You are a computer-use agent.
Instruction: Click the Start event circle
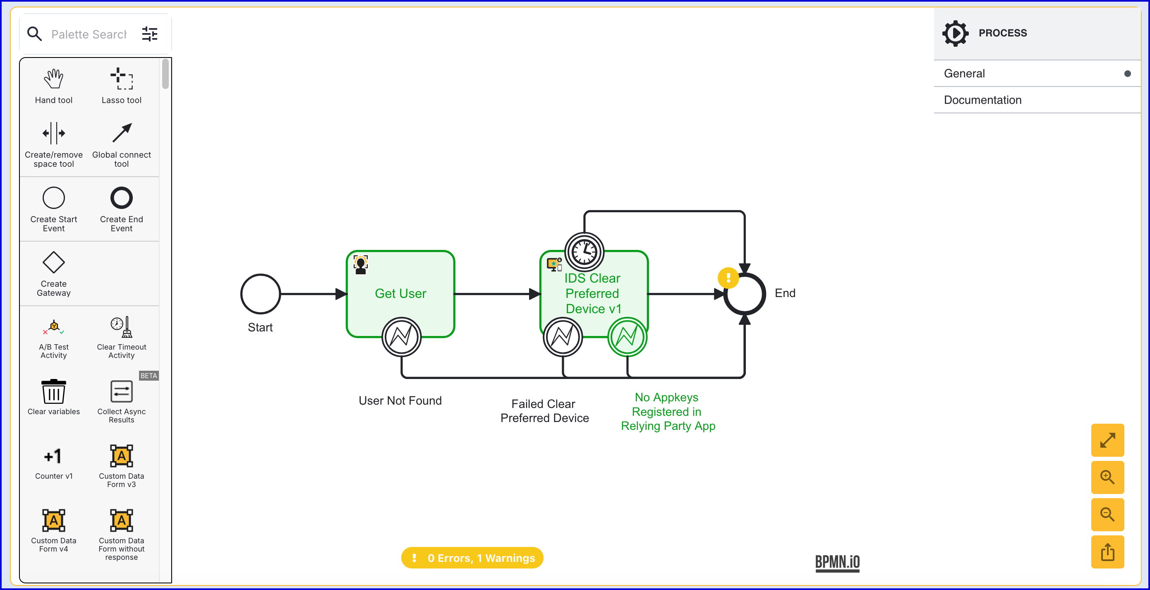[260, 294]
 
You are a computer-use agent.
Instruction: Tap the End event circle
[745, 294]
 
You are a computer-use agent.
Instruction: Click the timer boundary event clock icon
[584, 252]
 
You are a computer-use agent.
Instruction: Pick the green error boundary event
[627, 337]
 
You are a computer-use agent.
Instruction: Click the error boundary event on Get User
[401, 337]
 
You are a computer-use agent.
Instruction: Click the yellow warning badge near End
[728, 278]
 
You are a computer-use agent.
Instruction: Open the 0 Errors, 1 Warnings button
[472, 558]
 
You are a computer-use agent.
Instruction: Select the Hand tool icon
[54, 79]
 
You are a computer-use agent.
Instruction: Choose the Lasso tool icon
[122, 79]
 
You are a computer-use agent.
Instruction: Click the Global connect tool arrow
[122, 133]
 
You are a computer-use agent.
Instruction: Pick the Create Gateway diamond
[54, 262]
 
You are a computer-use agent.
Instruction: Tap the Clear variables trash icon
[54, 392]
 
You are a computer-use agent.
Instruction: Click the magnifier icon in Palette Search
[34, 34]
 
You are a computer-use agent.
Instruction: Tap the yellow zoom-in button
[1107, 477]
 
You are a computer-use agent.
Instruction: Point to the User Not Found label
[400, 401]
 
